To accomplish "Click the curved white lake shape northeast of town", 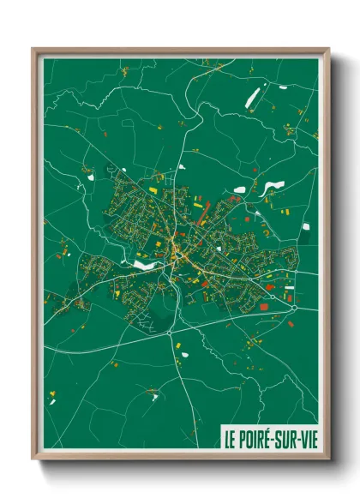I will click(273, 186).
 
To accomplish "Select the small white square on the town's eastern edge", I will click(305, 226).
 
